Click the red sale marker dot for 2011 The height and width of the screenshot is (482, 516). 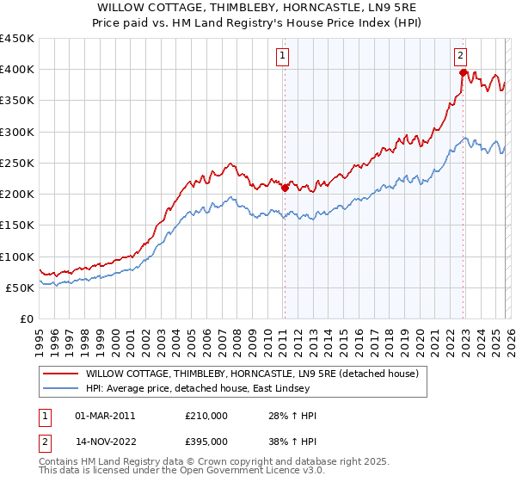(x=285, y=188)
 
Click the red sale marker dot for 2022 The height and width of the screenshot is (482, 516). (x=463, y=72)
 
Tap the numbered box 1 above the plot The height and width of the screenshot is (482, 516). (x=283, y=56)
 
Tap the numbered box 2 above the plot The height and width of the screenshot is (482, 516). (x=461, y=56)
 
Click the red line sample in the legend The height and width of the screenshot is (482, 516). (x=60, y=374)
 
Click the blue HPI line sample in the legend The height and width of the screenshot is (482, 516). (x=60, y=388)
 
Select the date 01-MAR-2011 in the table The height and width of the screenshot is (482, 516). (x=105, y=416)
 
